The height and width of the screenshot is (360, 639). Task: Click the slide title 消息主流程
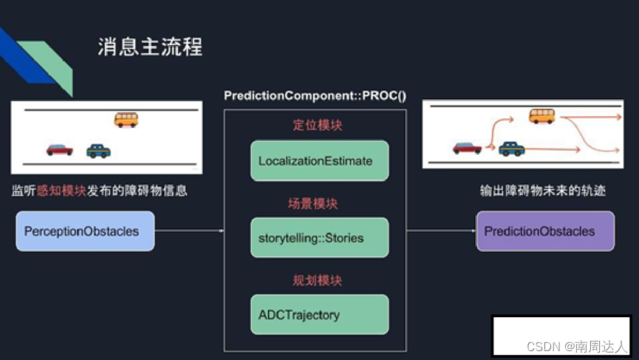(x=150, y=47)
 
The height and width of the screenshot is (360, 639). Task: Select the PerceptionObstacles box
(x=85, y=231)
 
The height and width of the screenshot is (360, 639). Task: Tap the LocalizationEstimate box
(x=319, y=161)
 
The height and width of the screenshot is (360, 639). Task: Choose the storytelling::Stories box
(x=319, y=238)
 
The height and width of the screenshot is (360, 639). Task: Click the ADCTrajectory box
(x=319, y=315)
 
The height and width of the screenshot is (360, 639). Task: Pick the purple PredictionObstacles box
(x=544, y=231)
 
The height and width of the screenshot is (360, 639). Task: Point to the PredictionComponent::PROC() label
(x=315, y=96)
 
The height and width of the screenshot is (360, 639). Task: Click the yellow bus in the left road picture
(x=126, y=119)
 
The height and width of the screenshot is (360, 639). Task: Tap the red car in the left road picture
(x=60, y=149)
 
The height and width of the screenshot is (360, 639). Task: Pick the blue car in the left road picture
(x=98, y=151)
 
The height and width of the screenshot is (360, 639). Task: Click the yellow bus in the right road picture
(x=541, y=115)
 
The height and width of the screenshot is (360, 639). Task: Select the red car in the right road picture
(x=467, y=148)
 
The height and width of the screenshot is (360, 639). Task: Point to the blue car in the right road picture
(x=511, y=149)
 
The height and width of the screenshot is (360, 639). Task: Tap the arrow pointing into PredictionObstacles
(x=441, y=231)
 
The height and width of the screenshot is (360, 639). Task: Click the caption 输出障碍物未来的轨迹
(x=543, y=191)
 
